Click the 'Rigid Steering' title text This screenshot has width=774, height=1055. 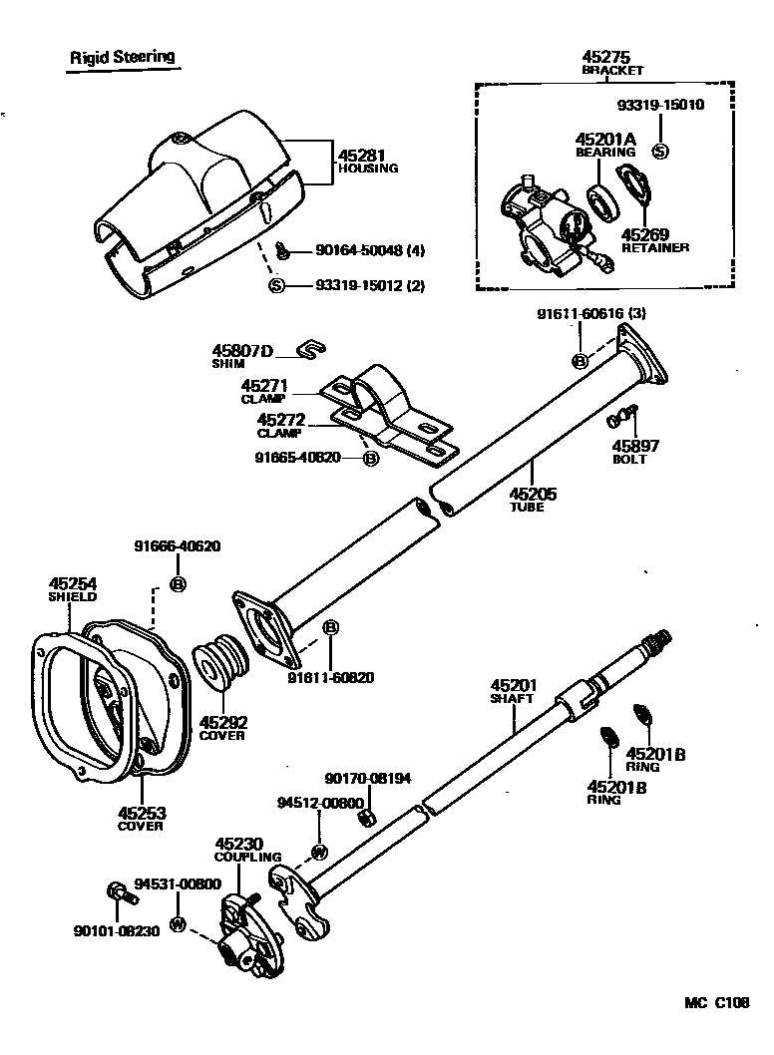pyautogui.click(x=122, y=57)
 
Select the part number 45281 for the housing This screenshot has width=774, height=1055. pyautogui.click(x=359, y=156)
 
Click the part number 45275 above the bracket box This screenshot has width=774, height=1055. pyautogui.click(x=607, y=57)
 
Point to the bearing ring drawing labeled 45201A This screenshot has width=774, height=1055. pyautogui.click(x=603, y=203)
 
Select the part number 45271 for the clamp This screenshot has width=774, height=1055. pyautogui.click(x=263, y=385)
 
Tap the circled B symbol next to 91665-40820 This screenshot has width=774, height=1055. pyautogui.click(x=370, y=459)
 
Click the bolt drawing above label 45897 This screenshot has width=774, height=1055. pyautogui.click(x=624, y=415)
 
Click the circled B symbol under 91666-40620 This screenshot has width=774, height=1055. pyautogui.click(x=179, y=583)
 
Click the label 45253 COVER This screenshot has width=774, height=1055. pyautogui.click(x=141, y=819)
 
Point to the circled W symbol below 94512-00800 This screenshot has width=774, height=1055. pyautogui.click(x=319, y=851)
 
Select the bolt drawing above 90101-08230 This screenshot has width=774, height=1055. pyautogui.click(x=116, y=891)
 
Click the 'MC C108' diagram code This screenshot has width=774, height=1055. pyautogui.click(x=715, y=1004)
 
